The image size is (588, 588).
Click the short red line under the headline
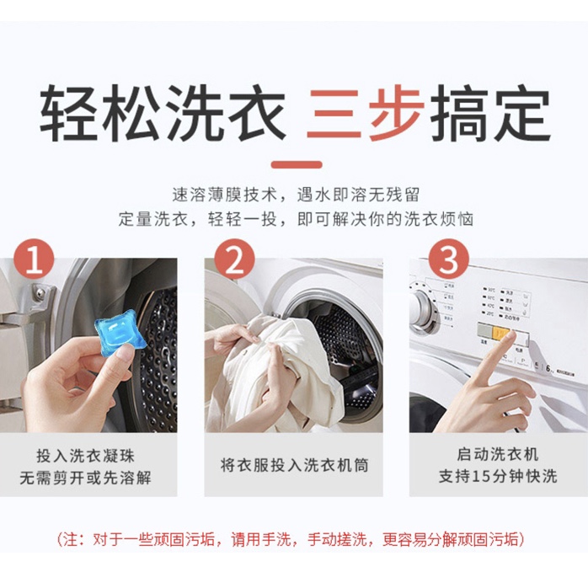pos(293,164)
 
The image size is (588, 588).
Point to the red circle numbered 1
pos(35,260)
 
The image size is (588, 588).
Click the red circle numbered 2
pos(233,260)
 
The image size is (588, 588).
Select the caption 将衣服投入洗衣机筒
pos(294,465)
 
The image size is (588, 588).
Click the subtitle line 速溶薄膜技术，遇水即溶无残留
pos(294,193)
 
